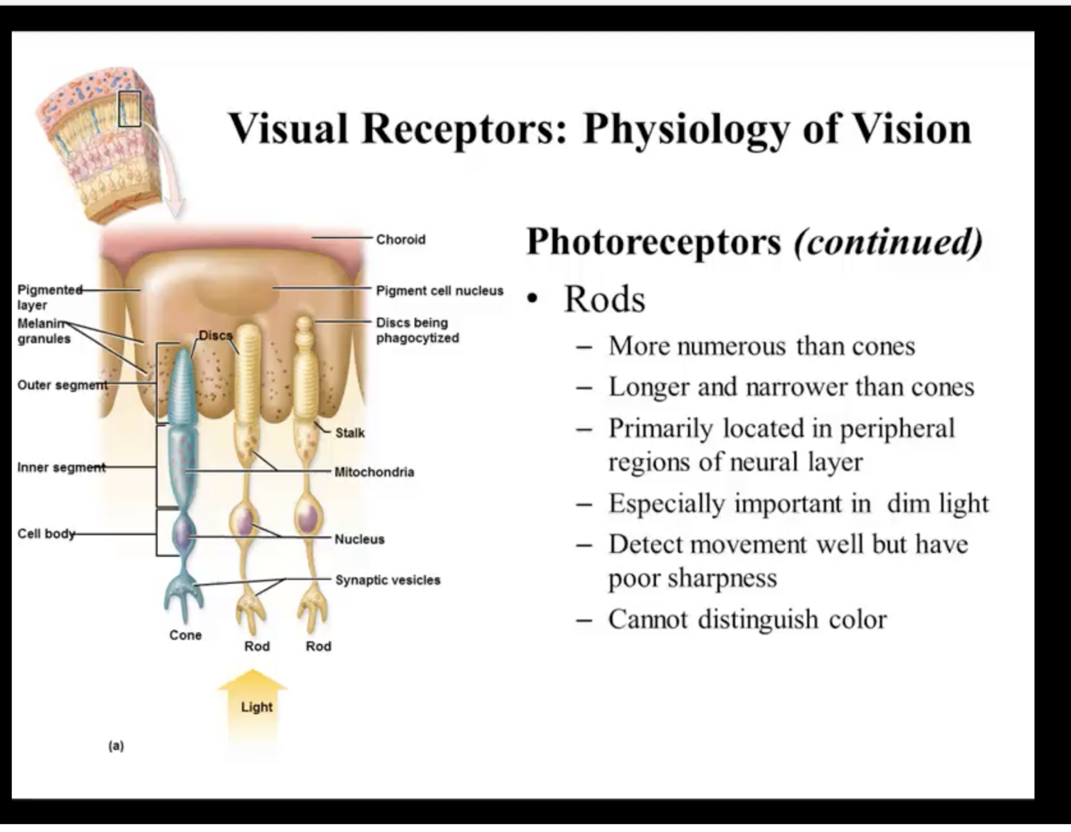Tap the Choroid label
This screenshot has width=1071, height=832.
tap(401, 239)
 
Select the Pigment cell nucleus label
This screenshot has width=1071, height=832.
tap(439, 291)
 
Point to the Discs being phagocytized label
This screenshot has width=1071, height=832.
tap(417, 330)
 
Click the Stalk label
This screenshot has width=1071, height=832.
tap(349, 433)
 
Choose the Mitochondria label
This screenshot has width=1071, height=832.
tap(374, 472)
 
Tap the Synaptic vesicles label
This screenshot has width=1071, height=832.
tap(387, 580)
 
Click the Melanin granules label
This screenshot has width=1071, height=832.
tap(43, 331)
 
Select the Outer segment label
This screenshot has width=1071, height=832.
tap(62, 385)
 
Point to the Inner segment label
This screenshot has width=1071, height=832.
tap(61, 467)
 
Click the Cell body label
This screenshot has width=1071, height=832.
tap(46, 533)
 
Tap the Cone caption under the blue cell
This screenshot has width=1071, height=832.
tap(185, 635)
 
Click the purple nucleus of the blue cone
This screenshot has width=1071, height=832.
tap(184, 531)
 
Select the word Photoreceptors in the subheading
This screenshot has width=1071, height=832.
tap(654, 242)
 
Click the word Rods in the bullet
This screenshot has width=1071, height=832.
tap(605, 300)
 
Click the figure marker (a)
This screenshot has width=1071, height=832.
tap(116, 746)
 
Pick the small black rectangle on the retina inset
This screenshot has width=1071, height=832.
tap(129, 108)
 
